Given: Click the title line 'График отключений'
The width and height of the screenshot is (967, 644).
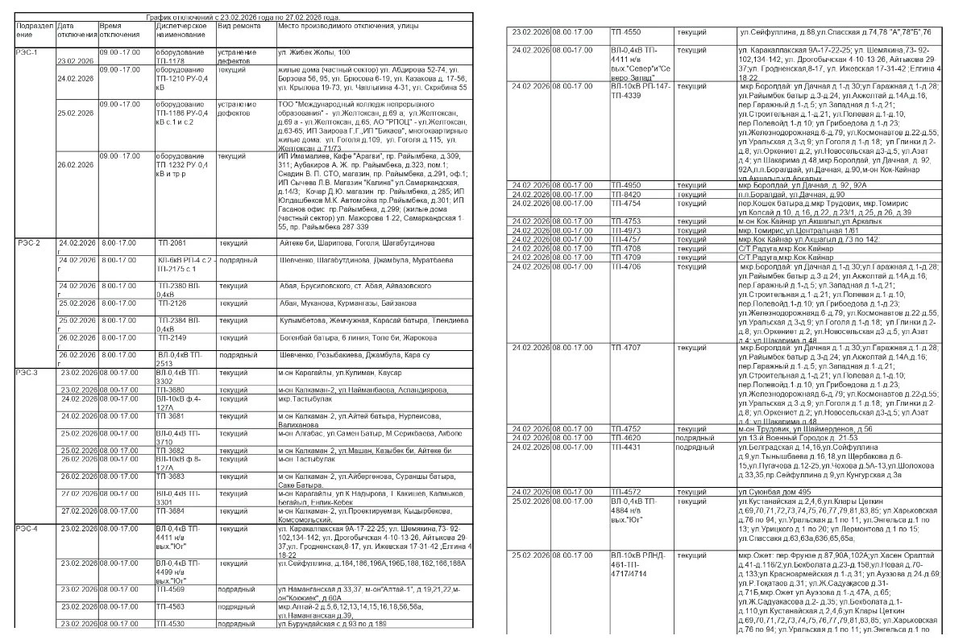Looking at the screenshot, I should tap(243, 17).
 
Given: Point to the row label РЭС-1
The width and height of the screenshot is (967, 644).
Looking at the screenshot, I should tap(27, 52).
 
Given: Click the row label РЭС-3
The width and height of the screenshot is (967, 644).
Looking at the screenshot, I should tap(27, 373).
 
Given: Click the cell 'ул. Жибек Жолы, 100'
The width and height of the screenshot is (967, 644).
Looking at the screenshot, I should tap(313, 52).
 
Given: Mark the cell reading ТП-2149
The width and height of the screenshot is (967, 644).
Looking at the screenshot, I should tap(172, 338).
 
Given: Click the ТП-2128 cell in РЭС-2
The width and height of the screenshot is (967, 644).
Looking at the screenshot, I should tap(172, 303).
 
